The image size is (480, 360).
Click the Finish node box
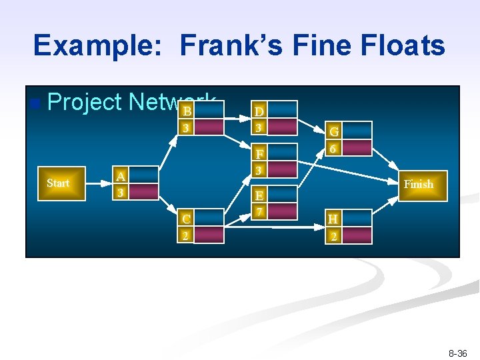(x=418, y=184)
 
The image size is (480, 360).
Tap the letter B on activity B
(x=188, y=111)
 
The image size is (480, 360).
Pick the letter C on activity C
(x=187, y=219)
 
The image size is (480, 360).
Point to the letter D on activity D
(x=259, y=110)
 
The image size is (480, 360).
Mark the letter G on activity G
(x=334, y=131)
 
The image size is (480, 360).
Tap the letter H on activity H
(x=333, y=219)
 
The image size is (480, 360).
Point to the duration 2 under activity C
(x=186, y=235)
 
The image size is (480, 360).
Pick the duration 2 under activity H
(x=333, y=235)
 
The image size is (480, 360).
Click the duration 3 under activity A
(x=120, y=193)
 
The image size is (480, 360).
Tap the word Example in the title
(x=98, y=45)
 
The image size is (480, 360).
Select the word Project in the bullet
(x=85, y=102)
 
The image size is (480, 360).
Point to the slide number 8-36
(x=459, y=353)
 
